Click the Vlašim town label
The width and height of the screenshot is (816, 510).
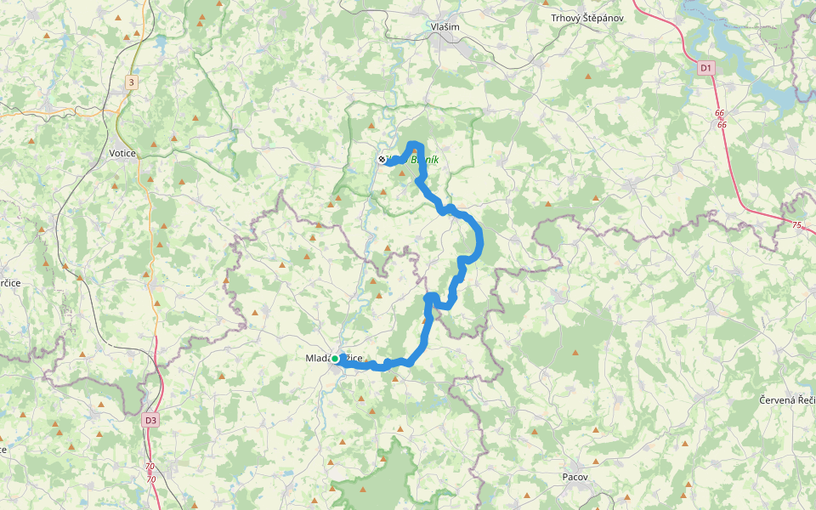[x=445, y=27]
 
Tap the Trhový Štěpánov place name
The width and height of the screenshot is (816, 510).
[x=587, y=17]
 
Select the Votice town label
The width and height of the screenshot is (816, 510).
[x=122, y=153]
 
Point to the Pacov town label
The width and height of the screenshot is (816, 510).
[x=575, y=477]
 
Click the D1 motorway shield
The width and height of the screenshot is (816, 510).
[x=705, y=67]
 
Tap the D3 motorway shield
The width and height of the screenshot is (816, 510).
[x=150, y=420]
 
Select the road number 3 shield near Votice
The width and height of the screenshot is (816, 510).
[x=131, y=82]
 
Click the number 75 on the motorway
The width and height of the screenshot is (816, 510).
[x=796, y=225]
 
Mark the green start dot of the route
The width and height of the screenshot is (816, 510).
[x=335, y=360]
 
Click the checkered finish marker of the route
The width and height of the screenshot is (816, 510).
[x=382, y=159]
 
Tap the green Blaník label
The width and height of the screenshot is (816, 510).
[x=425, y=159]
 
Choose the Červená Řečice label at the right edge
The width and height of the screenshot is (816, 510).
[x=788, y=399]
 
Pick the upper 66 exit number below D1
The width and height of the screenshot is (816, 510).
[x=720, y=113]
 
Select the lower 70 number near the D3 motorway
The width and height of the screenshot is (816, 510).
[x=150, y=479]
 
